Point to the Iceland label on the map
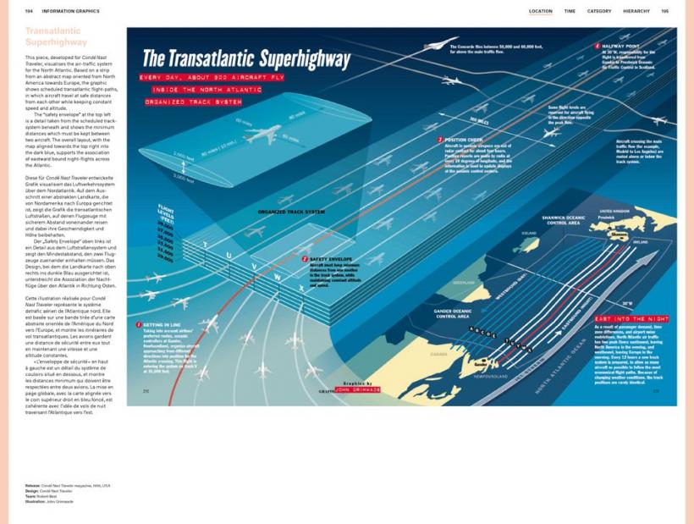pyautogui.click(x=531, y=231)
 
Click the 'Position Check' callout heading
pyautogui.click(x=464, y=140)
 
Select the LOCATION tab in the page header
pyautogui.click(x=540, y=11)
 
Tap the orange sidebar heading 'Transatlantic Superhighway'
pyautogui.click(x=56, y=36)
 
